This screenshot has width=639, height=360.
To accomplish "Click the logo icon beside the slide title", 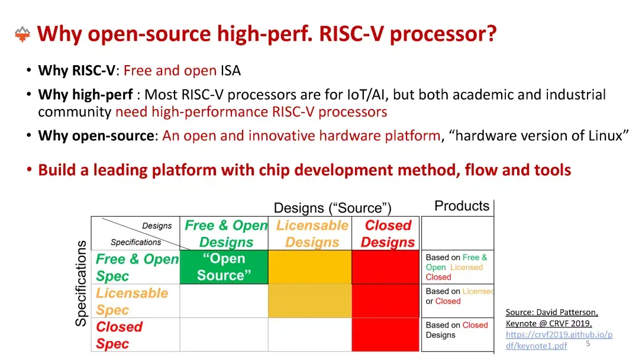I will coord(22,34).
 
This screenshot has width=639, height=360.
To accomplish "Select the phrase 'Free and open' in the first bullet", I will coord(170,71).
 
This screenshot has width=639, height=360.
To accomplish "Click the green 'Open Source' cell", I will coord(224,267).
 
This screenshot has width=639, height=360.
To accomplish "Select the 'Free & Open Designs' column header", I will coord(225,234).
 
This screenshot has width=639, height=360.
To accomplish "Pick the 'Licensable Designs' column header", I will coord(312,234).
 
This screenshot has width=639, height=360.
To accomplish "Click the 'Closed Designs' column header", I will coord(388,234).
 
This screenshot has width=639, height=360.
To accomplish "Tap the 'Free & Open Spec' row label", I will coord(137,268).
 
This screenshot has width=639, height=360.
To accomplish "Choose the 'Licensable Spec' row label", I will coord(131,301).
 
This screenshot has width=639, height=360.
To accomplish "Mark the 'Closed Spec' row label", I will coord(119,335).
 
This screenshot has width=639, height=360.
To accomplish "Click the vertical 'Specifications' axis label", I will coord(81,283).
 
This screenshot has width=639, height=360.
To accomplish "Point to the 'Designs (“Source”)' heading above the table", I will coord(332,208).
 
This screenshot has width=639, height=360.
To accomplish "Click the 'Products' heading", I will coord(461,206).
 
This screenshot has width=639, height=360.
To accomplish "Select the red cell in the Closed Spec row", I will coord(386,335).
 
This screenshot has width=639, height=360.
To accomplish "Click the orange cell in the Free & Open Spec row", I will coord(309,267).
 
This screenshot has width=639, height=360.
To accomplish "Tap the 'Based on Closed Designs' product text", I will coord(456,330).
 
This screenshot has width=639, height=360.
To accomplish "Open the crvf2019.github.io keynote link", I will coord(559,335).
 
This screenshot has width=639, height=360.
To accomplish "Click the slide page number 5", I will coord(588,343).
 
